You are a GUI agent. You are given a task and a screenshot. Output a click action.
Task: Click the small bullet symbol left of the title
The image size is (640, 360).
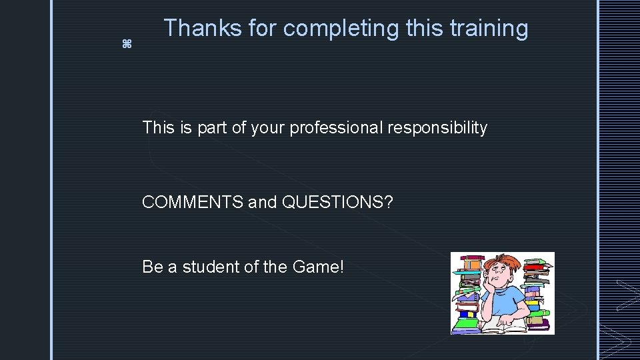[x=127, y=45]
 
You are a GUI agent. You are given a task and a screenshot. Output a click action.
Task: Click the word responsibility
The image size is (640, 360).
[x=446, y=127]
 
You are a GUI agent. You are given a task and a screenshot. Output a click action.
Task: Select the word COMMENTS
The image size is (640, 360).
[x=193, y=202]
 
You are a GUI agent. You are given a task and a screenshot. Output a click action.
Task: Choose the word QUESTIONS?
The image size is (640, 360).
[x=338, y=202]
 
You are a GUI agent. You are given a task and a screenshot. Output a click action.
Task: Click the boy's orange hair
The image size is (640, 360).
[x=502, y=262]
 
